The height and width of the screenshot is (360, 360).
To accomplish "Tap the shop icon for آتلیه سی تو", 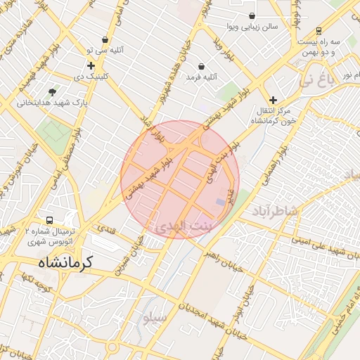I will click(x=105, y=40).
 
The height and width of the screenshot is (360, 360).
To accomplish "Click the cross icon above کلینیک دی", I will click(x=91, y=65).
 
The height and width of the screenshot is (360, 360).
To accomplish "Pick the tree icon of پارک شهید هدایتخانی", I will click(x=53, y=92).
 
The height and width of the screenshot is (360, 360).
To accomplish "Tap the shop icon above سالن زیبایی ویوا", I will click(x=252, y=15).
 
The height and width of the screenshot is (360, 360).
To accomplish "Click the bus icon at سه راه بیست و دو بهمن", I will click(x=319, y=31).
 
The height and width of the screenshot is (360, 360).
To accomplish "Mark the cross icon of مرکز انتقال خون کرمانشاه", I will click(x=274, y=100).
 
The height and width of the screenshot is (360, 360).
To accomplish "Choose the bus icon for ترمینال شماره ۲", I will click(x=49, y=221).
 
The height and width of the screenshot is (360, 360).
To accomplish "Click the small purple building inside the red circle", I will click(x=221, y=202).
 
